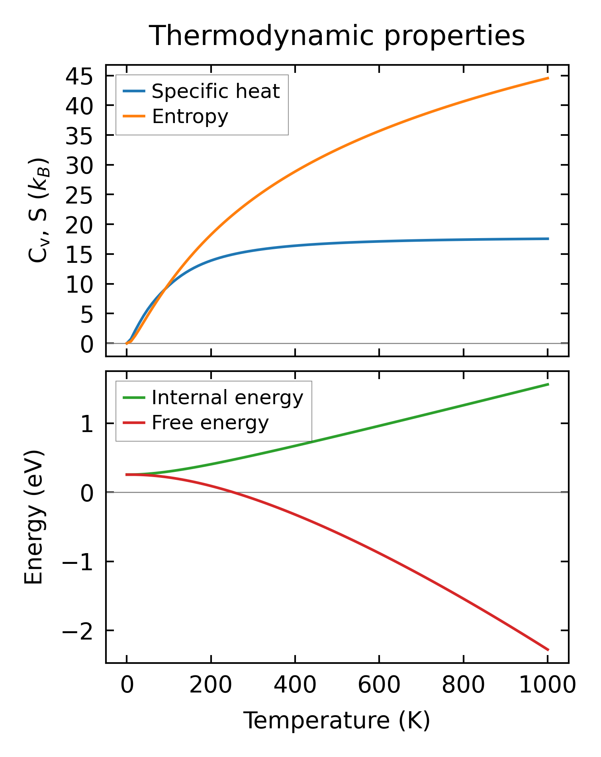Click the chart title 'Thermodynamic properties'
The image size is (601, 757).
(337, 36)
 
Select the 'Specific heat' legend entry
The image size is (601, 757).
(215, 92)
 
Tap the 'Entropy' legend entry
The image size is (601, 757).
(190, 117)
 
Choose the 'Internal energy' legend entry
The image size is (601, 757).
(227, 398)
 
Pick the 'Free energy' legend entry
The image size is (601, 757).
(210, 423)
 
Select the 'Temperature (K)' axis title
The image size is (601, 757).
(337, 720)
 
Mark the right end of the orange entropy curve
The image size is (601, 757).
(548, 78)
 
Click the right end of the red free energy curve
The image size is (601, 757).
(548, 650)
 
